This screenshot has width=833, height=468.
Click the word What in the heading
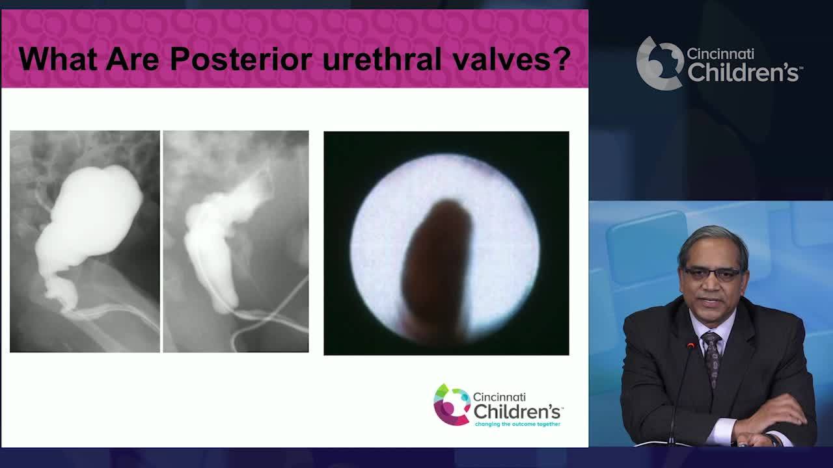58,59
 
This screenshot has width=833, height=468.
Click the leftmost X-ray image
85,241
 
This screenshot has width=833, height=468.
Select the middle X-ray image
236,241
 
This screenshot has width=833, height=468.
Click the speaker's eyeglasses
713,274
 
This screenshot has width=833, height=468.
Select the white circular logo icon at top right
659,63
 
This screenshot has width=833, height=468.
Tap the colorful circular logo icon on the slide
451,404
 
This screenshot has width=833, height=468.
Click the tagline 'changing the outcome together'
517,424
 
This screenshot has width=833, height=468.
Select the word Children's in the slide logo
517,411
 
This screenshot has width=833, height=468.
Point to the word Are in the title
133,59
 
